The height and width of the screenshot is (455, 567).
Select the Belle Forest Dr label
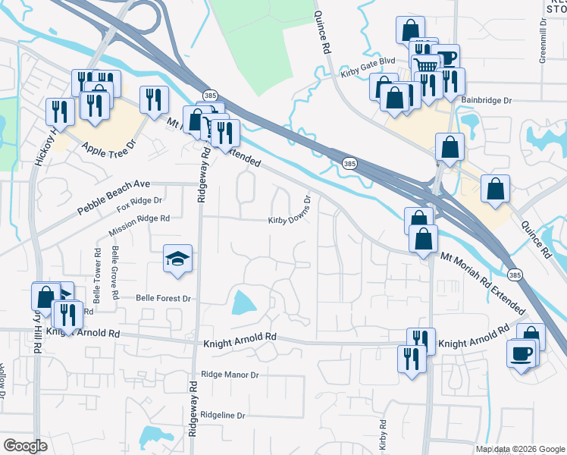click(163, 299)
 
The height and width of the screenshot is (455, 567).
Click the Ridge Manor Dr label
click(230, 375)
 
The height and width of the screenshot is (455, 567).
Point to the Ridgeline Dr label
click(223, 416)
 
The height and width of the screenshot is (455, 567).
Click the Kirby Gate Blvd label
click(369, 68)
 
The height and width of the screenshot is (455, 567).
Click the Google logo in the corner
click(26, 445)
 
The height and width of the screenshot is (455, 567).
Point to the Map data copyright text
click(519, 449)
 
